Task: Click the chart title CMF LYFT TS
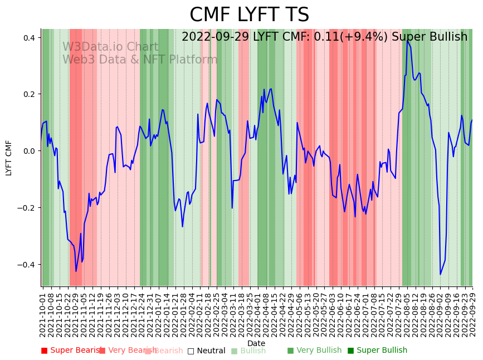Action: (x=249, y=15)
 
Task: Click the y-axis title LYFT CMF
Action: (x=9, y=158)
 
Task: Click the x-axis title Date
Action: (x=256, y=343)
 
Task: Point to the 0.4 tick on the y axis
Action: (x=28, y=38)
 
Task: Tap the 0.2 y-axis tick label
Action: (x=28, y=94)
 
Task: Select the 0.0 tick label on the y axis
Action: (x=28, y=151)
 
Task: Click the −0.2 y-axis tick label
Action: (x=26, y=208)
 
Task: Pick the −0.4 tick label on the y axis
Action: (x=26, y=265)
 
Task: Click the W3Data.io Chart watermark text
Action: (x=110, y=47)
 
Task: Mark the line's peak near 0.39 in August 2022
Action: (x=407, y=40)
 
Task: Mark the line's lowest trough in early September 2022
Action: (x=440, y=274)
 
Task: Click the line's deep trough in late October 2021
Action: (x=76, y=271)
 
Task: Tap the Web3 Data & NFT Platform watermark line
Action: (x=140, y=60)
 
